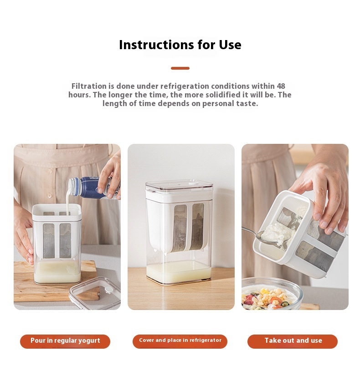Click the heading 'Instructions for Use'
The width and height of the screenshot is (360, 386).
pyautogui.click(x=180, y=45)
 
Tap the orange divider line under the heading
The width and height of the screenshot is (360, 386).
pyautogui.click(x=180, y=68)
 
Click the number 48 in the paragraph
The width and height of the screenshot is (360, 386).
pyautogui.click(x=281, y=86)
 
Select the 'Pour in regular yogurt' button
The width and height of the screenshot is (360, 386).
pyautogui.click(x=65, y=341)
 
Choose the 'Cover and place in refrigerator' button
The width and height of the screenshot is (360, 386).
pyautogui.click(x=180, y=341)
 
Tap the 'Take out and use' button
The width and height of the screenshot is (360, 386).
pyautogui.click(x=293, y=341)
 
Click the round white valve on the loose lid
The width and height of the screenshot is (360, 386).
pyautogui.click(x=108, y=290)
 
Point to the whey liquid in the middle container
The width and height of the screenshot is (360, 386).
pyautogui.click(x=179, y=273)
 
